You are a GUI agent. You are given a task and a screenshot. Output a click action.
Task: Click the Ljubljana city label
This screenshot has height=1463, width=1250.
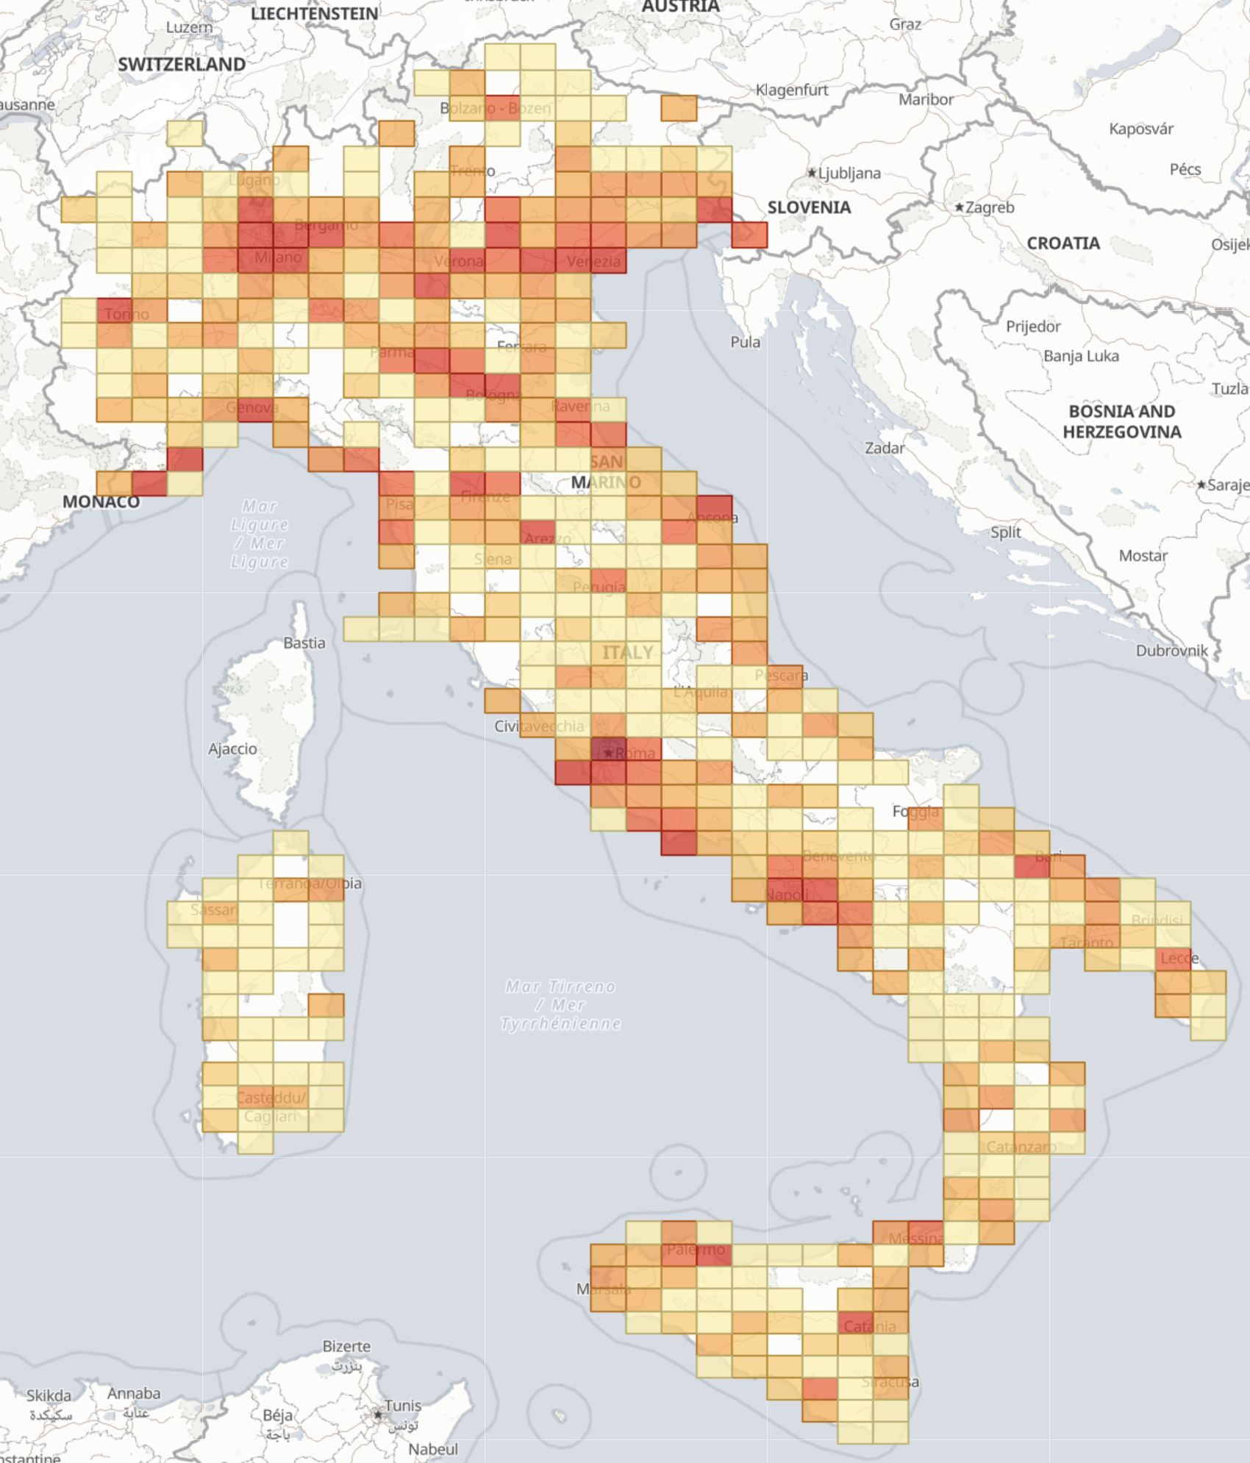pos(849,174)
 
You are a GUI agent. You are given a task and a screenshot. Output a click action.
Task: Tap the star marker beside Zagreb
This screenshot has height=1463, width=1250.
pos(959,208)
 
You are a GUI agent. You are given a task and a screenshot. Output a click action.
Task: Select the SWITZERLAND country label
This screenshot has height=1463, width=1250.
pos(182,65)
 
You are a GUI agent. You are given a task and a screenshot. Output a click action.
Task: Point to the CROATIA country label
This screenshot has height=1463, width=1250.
pos(1063,243)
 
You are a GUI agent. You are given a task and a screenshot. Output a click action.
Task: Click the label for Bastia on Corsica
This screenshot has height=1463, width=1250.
pos(304,643)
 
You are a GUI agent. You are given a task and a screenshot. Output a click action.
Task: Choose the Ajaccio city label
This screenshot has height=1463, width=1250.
pos(232,748)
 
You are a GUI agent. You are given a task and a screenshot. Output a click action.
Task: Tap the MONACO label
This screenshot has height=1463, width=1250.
pos(101,501)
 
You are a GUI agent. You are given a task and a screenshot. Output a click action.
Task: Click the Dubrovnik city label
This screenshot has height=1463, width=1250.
pos(1171,651)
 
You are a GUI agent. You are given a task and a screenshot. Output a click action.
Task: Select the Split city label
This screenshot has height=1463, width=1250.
pos(1005,532)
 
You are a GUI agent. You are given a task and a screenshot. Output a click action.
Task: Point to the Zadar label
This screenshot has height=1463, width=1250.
pos(885,448)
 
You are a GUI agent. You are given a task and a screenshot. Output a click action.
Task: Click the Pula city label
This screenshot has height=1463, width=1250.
pos(745,342)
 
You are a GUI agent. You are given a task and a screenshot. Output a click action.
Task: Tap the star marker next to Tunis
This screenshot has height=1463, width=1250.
pos(378,1414)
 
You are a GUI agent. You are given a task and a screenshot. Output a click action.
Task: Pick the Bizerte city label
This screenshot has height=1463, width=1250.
pos(346,1346)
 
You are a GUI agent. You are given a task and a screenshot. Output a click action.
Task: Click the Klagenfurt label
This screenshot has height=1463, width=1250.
pos(792,90)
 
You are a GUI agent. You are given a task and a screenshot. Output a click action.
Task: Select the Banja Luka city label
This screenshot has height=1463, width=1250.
pos(1081,356)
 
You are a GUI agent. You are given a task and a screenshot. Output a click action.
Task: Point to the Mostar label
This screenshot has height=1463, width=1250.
pos(1143,556)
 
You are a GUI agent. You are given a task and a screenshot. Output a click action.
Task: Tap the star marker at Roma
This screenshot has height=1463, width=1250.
pos(608,753)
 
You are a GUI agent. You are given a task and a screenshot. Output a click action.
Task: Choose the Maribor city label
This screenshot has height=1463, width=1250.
pos(926,99)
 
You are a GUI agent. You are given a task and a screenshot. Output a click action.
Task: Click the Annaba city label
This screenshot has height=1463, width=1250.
pos(133,1393)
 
